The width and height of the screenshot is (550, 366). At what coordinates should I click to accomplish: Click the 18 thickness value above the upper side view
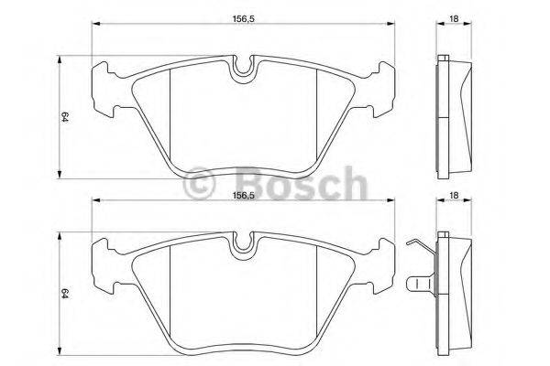453,16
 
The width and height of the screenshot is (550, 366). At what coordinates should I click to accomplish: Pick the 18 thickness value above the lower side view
453,195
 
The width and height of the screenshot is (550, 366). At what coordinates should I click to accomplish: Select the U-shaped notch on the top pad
243,67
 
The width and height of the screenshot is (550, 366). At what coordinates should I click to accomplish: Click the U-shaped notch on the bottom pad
243,243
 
